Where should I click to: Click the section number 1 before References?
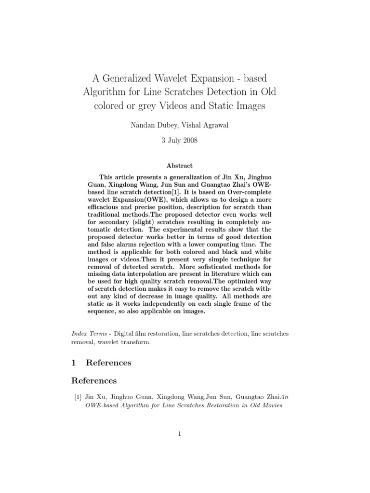point(73,362)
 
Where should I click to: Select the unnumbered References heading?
point(94,380)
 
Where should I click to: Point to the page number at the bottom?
point(179,434)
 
